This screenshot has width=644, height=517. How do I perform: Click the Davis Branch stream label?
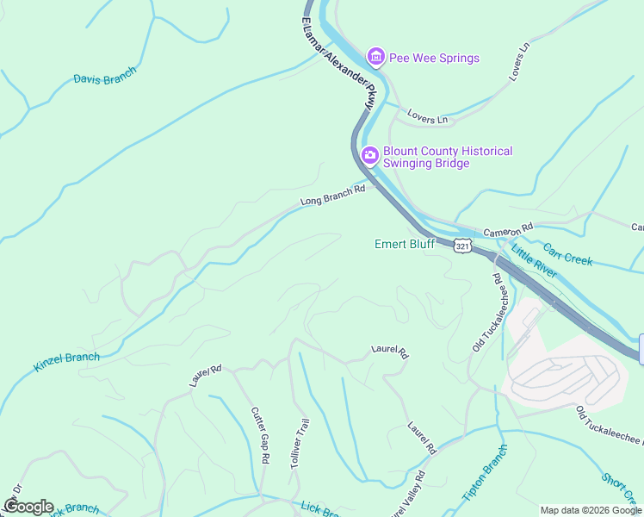[104, 79]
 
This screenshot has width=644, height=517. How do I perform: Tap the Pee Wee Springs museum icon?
[375, 58]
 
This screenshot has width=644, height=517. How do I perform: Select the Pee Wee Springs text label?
[434, 59]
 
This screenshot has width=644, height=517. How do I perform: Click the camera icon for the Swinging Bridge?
[370, 156]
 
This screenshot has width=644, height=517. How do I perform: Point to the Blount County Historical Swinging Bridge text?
[447, 157]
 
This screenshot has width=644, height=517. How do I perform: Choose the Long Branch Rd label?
[332, 195]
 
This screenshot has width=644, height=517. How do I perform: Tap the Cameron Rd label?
[508, 231]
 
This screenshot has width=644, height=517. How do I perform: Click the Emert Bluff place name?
[404, 245]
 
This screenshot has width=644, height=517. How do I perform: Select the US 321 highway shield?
[462, 246]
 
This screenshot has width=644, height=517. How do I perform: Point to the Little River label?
[534, 263]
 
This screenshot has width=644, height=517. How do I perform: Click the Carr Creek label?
[567, 253]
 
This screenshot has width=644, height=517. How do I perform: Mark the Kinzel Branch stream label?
[66, 363]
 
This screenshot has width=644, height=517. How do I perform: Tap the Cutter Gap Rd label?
[260, 436]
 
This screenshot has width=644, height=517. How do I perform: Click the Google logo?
[28, 507]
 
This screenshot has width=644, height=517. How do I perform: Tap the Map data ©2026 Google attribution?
[591, 510]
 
